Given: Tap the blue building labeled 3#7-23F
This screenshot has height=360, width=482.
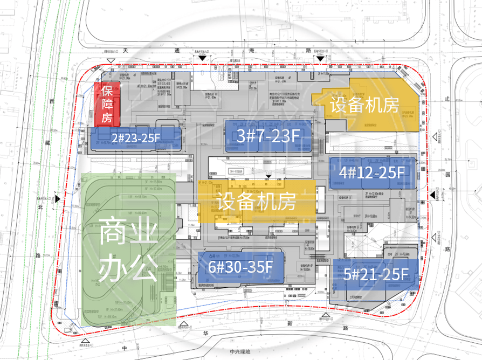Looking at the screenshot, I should [x=268, y=136].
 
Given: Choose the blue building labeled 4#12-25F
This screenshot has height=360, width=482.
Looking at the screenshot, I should [x=372, y=172].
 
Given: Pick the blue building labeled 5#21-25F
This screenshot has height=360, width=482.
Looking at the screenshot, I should [x=375, y=274].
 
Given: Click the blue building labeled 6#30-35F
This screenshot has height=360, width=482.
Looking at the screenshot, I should [x=240, y=266].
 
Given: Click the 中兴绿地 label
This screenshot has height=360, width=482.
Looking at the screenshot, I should [x=241, y=353].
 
